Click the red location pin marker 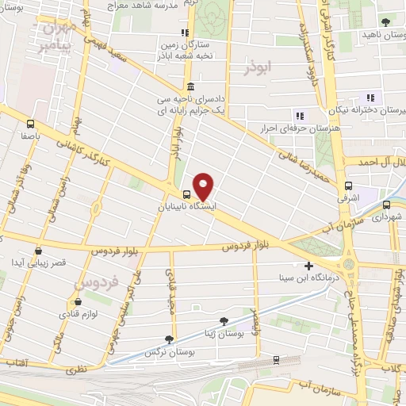204,186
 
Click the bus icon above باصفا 30,123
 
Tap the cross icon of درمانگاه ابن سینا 309,266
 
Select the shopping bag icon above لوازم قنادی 78,301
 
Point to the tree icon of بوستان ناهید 385,21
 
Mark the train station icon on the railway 275,359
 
